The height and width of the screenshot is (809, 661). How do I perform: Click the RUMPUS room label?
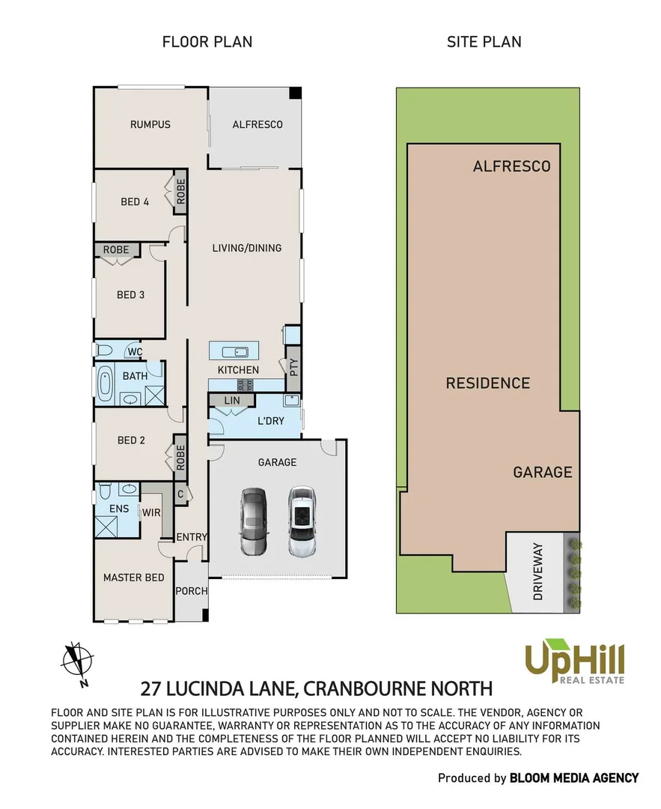tap(150, 124)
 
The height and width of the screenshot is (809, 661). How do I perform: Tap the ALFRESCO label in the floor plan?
tap(257, 124)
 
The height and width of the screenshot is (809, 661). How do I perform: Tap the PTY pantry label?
tap(293, 367)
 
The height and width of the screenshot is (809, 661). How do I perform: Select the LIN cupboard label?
tap(232, 402)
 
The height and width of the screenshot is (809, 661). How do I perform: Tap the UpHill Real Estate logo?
tap(573, 661)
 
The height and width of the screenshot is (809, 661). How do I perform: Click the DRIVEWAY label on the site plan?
tap(537, 572)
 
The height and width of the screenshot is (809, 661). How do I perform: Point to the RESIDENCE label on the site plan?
tap(487, 384)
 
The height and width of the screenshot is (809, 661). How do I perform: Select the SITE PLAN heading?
tap(484, 42)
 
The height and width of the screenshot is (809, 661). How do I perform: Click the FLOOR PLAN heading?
tap(207, 42)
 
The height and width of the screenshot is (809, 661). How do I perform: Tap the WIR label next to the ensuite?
tap(152, 512)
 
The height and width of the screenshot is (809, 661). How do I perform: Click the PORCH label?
tap(191, 591)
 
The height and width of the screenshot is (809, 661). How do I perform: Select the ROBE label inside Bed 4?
tap(181, 192)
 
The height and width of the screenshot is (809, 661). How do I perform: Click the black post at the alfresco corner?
tap(295, 93)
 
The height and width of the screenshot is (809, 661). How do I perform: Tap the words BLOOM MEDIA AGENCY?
tap(574, 778)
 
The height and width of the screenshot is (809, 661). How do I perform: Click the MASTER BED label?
tap(133, 578)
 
